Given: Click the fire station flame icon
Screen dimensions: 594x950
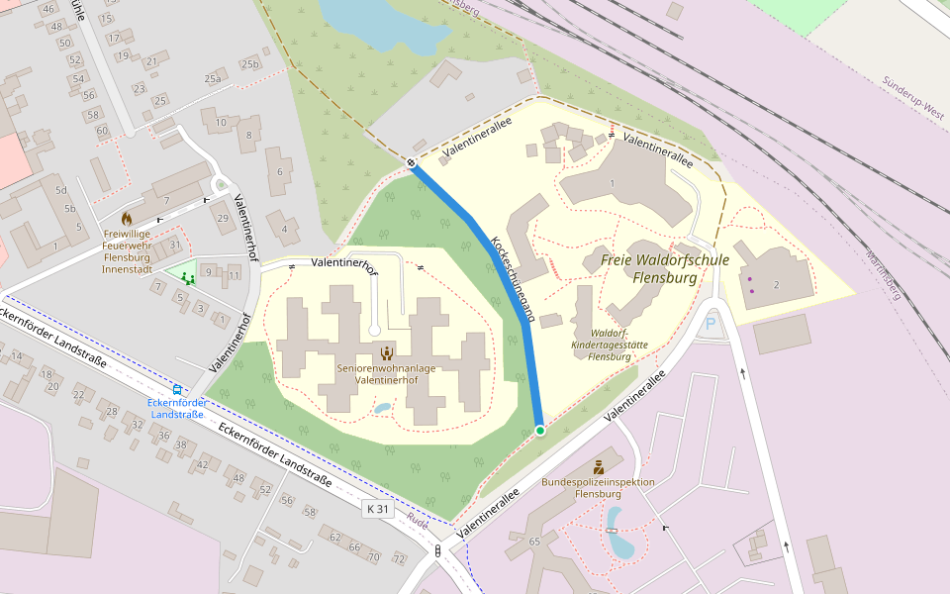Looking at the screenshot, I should click(x=127, y=217).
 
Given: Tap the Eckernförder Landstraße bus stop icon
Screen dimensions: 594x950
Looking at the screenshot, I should click(x=177, y=390).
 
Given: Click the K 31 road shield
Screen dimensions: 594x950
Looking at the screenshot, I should click(x=378, y=509).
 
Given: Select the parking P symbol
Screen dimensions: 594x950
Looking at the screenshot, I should click(x=710, y=324).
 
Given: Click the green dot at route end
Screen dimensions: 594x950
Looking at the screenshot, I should click(x=539, y=431).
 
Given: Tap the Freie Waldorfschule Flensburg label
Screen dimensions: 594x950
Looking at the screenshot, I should click(x=664, y=268).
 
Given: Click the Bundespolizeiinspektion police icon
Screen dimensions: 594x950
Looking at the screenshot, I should click(x=598, y=466).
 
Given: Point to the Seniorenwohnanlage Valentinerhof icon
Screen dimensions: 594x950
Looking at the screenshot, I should click(x=387, y=352).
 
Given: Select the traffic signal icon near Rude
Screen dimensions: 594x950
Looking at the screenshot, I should click(x=436, y=550).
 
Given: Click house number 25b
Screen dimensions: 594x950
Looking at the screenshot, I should click(x=250, y=64).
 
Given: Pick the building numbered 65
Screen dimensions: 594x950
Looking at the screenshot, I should click(x=535, y=542).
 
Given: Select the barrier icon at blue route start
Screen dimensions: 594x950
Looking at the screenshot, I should click(x=411, y=161).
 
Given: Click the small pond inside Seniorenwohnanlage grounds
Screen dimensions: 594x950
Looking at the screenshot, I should click(x=382, y=407).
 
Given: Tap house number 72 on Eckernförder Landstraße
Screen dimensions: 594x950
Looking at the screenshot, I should click(x=399, y=559).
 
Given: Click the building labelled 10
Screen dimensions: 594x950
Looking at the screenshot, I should click(x=221, y=122).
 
